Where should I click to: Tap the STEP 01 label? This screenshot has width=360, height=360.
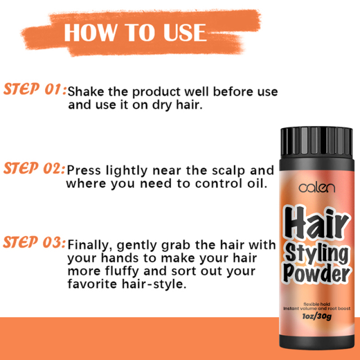click(x=35, y=89)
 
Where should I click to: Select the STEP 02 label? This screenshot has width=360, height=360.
click(x=35, y=168)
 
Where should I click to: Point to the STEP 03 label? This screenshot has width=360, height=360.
click(x=35, y=243)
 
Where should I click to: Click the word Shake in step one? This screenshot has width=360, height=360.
click(x=85, y=91)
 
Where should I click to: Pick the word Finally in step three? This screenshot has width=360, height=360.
click(x=86, y=245)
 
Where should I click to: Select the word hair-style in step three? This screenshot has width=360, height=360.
click(x=157, y=284)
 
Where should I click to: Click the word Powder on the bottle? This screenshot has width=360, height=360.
click(x=317, y=275)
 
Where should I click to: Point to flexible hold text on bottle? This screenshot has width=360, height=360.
click(x=317, y=304)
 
